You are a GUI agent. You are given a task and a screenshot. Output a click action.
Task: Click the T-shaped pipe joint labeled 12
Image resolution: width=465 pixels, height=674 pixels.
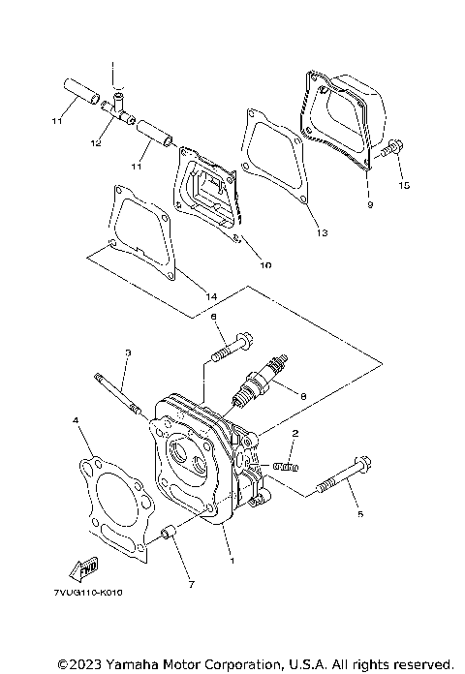pyautogui.click(x=117, y=107)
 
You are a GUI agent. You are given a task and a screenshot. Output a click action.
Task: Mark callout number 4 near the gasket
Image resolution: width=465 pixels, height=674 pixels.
pyautogui.click(x=75, y=420)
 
